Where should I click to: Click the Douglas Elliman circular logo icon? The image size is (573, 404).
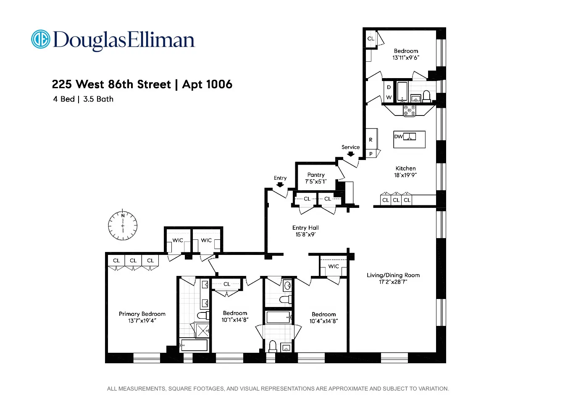(x=41, y=39)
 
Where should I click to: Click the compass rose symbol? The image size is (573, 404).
(x=123, y=226)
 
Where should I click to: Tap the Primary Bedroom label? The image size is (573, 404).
(x=142, y=314)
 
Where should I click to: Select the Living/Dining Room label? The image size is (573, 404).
(x=393, y=275)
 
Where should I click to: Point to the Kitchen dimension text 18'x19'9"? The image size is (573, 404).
(x=405, y=175)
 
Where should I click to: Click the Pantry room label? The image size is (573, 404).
(x=316, y=175)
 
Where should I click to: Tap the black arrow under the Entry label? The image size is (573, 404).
(x=280, y=185)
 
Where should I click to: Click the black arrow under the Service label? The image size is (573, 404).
(x=350, y=154)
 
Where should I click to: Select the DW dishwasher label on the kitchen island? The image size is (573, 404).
(x=398, y=136)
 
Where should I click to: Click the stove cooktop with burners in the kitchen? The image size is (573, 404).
(x=409, y=110)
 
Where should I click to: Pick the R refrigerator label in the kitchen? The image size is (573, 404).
(x=371, y=139)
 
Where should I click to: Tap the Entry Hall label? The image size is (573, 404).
(x=305, y=228)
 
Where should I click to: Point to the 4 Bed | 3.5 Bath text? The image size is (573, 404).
(x=83, y=99)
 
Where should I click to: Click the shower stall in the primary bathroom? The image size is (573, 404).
(x=202, y=331)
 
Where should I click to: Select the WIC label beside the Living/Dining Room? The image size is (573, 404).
(x=334, y=266)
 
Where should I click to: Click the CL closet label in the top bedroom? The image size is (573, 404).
(x=371, y=39)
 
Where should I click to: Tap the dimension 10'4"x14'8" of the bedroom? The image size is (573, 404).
(x=323, y=321)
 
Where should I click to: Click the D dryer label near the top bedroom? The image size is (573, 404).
(x=389, y=87)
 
